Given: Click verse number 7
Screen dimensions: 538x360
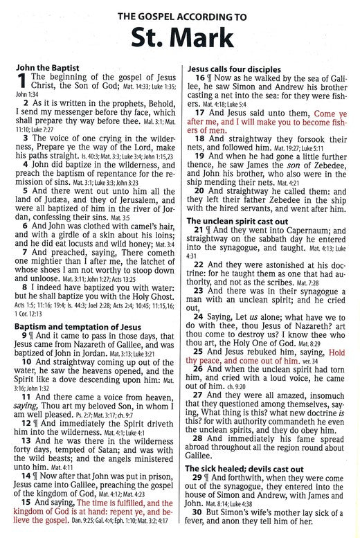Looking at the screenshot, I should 24,251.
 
